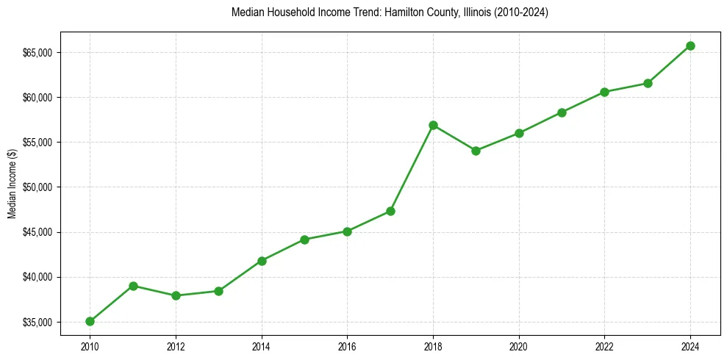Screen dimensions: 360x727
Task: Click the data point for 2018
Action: click(433, 125)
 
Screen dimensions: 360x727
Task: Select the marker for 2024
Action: click(690, 46)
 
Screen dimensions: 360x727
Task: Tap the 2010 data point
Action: click(90, 321)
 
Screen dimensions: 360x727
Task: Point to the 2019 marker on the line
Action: click(476, 151)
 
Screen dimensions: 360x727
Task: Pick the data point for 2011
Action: click(133, 286)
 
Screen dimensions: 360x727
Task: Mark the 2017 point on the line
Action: click(390, 211)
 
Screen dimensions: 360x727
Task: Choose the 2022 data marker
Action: click(604, 92)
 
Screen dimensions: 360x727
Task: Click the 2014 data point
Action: click(262, 261)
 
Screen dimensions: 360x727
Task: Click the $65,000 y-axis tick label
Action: click(36, 53)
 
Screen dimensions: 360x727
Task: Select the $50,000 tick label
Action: click(36, 187)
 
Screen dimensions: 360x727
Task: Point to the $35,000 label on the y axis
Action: click(36, 323)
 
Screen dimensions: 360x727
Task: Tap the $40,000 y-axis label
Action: click(36, 277)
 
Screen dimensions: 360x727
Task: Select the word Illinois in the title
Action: click(470, 13)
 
